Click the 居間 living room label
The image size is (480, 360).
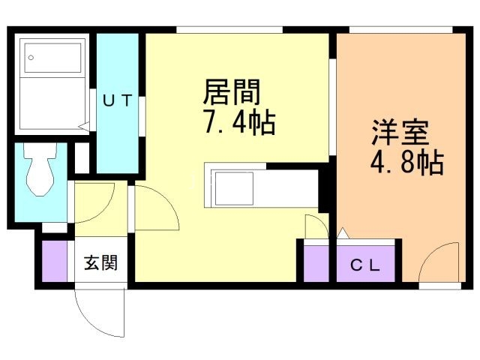(232, 93)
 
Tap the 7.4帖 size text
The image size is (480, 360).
(238, 121)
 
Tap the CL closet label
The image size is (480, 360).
(366, 265)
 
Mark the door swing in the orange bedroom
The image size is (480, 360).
(438, 262)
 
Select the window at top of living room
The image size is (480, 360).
(229, 30)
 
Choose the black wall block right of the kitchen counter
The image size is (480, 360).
(325, 187)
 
